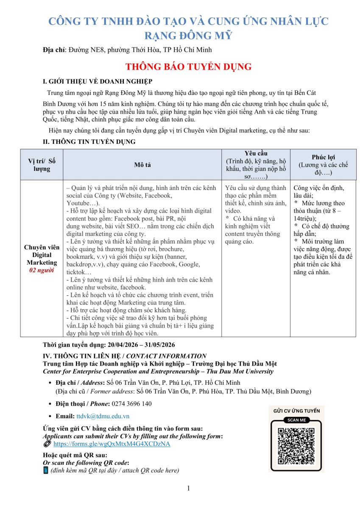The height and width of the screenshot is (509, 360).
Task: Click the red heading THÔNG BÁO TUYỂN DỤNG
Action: click(188, 67)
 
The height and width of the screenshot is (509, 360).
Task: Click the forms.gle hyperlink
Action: click(112, 444)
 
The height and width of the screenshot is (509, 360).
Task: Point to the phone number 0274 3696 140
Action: click(130, 403)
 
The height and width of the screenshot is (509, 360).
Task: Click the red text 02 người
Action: click(42, 270)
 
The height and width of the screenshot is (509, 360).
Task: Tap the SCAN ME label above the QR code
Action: click(296, 420)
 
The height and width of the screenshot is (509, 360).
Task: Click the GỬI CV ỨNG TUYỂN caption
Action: click(296, 411)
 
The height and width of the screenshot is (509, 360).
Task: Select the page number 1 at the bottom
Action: click(188, 489)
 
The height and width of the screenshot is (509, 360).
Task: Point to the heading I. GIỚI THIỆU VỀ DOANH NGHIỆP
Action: click(98, 81)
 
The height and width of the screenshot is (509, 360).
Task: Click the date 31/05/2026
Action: click(158, 345)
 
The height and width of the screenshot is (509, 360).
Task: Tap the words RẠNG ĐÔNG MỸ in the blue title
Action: click(188, 35)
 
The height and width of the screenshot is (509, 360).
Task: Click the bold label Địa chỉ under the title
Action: click(54, 50)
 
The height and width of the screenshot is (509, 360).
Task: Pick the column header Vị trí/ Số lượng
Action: click(42, 165)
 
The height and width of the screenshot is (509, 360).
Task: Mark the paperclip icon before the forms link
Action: click(47, 444)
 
